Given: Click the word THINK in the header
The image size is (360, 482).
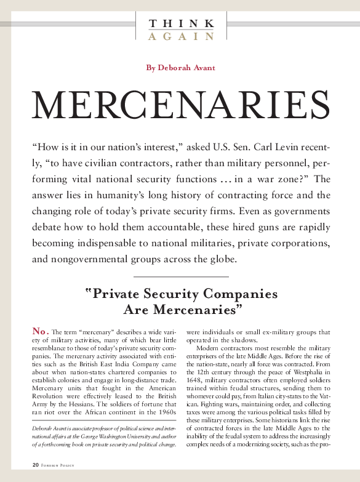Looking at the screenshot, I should tap(182, 23).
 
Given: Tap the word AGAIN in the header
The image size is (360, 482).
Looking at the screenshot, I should tap(182, 36).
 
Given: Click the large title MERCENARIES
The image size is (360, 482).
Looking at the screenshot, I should tap(180, 108).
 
